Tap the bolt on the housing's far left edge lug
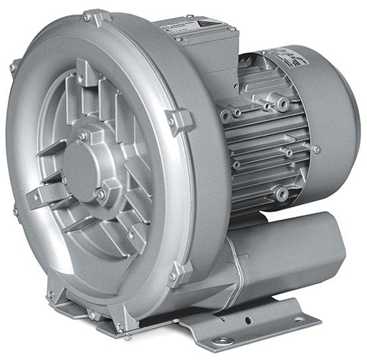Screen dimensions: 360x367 click(13, 66)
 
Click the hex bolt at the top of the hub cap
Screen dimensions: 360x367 click(83, 135)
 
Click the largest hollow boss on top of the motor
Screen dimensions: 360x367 click(282, 105)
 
